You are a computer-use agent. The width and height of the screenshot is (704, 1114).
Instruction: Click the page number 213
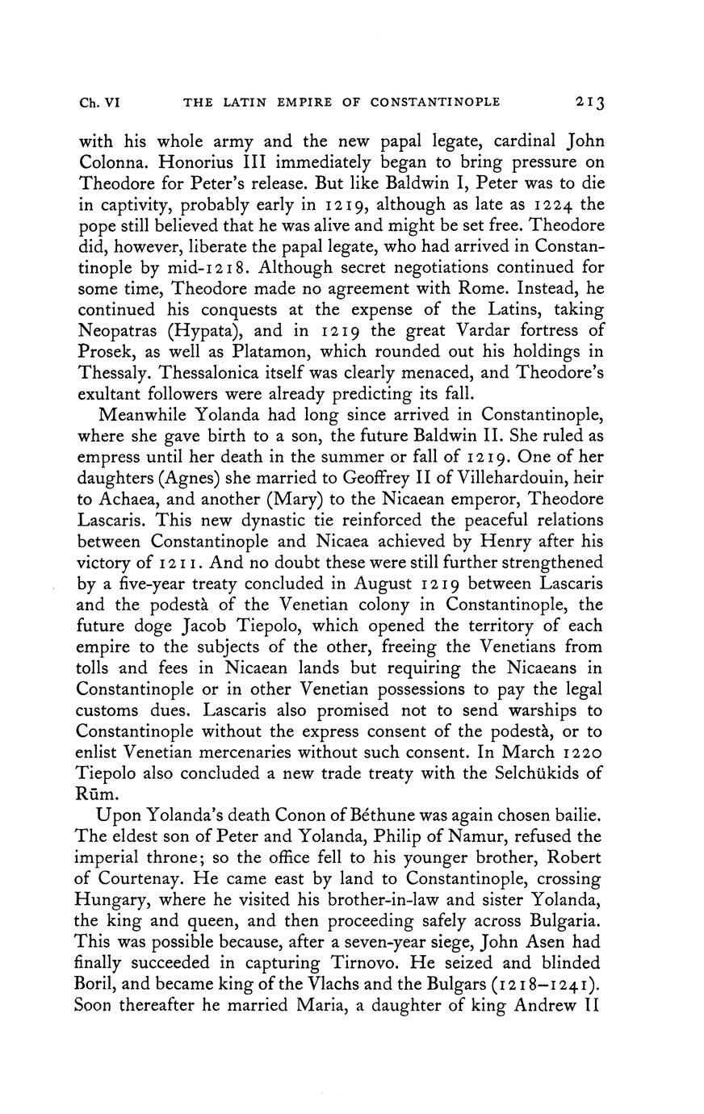pyautogui.click(x=590, y=103)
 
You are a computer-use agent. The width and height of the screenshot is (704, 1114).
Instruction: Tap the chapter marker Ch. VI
pyautogui.click(x=99, y=103)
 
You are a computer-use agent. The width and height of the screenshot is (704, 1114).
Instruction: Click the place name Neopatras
pyautogui.click(x=119, y=331)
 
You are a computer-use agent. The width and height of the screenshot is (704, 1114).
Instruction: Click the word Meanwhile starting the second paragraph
pyautogui.click(x=145, y=416)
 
